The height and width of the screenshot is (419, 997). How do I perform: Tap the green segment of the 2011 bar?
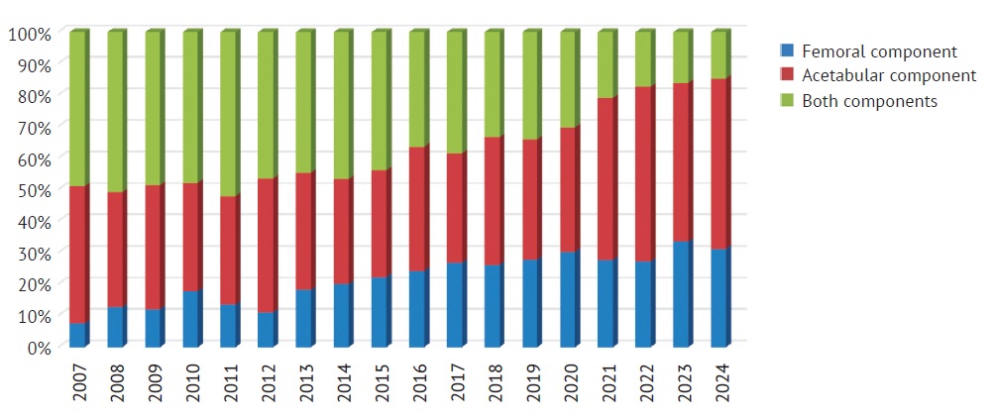[229, 114]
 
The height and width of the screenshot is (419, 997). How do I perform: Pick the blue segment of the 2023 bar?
[681, 293]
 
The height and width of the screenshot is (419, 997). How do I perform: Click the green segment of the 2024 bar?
[719, 55]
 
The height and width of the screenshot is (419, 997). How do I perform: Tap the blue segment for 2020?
[569, 299]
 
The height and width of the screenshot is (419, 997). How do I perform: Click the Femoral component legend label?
[879, 52]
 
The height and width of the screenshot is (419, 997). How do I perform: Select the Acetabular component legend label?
[888, 76]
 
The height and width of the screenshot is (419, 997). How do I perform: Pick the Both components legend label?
[869, 101]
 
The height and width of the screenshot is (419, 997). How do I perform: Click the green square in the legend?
[788, 100]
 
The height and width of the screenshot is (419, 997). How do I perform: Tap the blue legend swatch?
[788, 51]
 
